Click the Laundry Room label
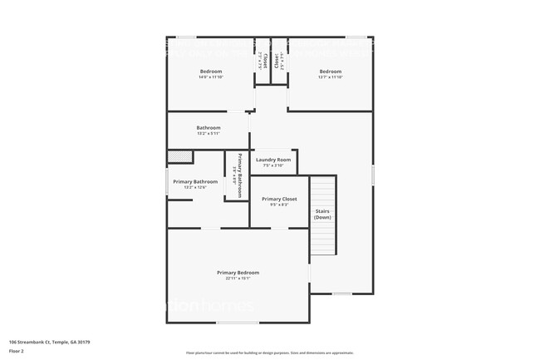tap(272, 160)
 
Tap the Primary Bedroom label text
tap(238, 273)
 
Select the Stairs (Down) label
tap(323, 214)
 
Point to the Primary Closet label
tap(279, 200)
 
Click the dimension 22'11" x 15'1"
tap(238, 279)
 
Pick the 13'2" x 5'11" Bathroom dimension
tap(209, 134)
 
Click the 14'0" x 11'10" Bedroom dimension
tap(210, 78)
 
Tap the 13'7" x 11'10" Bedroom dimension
tap(331, 78)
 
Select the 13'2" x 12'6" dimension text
tap(195, 187)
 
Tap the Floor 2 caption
tap(17, 351)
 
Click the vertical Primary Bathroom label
tap(238, 175)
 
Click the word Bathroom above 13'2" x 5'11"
tap(209, 128)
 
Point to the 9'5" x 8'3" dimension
tap(279, 205)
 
